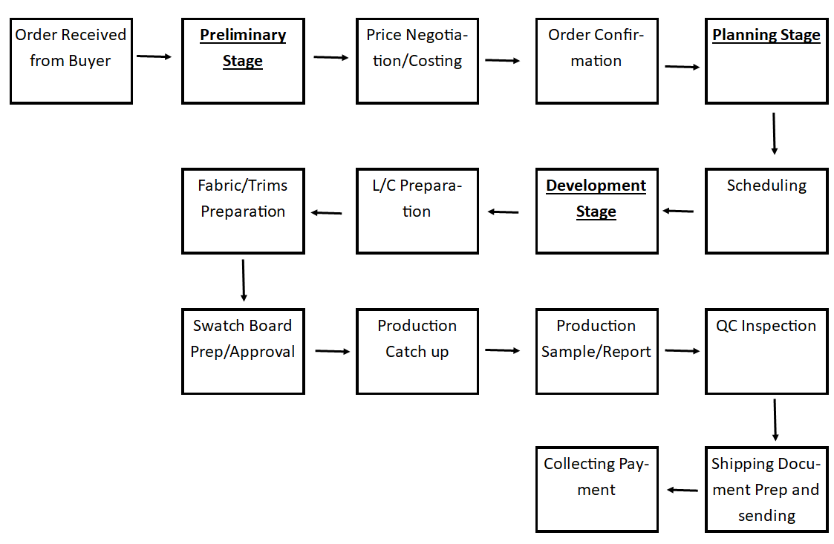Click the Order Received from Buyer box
coord(71,61)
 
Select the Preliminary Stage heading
coord(243,48)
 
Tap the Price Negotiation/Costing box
coord(417,61)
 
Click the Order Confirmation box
coord(596,61)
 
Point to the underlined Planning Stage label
coord(766,36)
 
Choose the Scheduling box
coord(766,212)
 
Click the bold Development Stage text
coord(596,198)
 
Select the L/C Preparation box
coord(417,212)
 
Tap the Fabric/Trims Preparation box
coord(243,212)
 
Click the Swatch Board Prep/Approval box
coord(243,351)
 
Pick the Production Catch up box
coord(417,351)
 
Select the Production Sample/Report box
coord(596,351)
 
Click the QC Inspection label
coord(766,326)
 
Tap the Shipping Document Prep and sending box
coord(766,489)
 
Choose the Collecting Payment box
coord(596,489)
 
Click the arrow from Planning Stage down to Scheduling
coord(774,134)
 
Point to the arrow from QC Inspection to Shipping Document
coord(775,420)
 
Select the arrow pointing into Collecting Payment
coord(682,490)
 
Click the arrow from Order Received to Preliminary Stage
coord(154,56)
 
